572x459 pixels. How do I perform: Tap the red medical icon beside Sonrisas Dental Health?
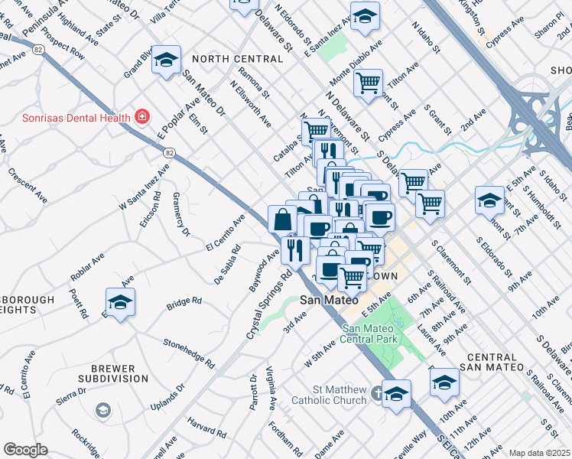pos(141,117)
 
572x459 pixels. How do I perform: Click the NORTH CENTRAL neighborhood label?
pos(238,59)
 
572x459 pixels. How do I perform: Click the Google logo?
pos(25,450)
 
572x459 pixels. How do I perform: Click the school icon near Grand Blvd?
pos(166,60)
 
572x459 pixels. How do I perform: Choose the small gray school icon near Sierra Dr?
pos(102,412)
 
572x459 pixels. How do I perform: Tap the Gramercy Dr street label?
pos(180,218)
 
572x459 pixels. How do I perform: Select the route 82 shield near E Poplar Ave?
pos(169,153)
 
